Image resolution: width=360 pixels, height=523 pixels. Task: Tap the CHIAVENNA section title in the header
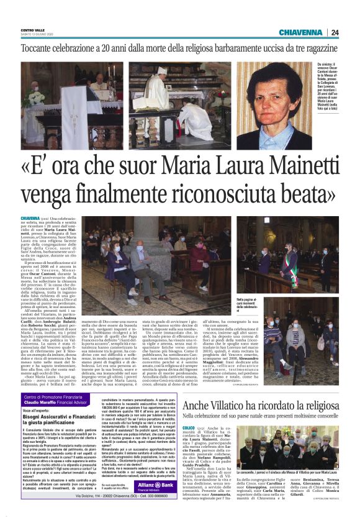(300, 32)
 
